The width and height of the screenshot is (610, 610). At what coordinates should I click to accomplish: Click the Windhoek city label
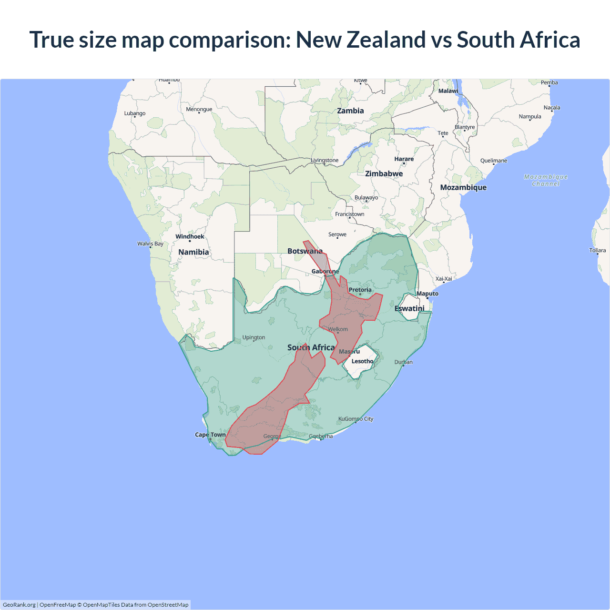point(190,236)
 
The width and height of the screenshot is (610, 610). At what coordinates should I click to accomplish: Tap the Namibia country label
point(193,252)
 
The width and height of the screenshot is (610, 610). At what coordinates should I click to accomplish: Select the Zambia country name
point(350,111)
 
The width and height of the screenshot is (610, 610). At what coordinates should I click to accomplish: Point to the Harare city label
point(404,159)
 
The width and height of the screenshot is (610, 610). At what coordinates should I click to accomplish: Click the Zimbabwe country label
point(384,174)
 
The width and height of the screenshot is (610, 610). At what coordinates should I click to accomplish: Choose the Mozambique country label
point(463,187)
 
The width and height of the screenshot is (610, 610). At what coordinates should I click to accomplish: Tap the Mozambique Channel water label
point(546,180)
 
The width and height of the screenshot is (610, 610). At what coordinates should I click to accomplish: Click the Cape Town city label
point(210,435)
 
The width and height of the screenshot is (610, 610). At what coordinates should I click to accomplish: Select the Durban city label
point(403,362)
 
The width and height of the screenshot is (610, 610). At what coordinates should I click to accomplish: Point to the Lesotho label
point(362,361)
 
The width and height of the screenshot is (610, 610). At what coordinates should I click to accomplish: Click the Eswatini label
point(409,308)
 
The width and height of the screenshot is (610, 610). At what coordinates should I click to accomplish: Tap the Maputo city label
point(427,294)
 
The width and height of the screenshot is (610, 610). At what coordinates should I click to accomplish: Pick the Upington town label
point(254,337)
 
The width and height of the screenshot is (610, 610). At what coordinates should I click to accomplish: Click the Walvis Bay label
point(150,244)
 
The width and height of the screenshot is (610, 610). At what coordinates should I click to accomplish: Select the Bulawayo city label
point(366,197)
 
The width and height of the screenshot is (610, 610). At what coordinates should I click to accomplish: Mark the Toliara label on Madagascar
point(597,250)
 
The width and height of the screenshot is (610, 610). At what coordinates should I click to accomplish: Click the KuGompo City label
point(356,419)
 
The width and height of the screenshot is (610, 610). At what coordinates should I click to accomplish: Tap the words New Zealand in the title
point(361,40)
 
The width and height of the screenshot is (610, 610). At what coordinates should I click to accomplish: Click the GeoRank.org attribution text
point(19,605)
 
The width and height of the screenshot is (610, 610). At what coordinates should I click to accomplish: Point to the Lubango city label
point(135,113)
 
